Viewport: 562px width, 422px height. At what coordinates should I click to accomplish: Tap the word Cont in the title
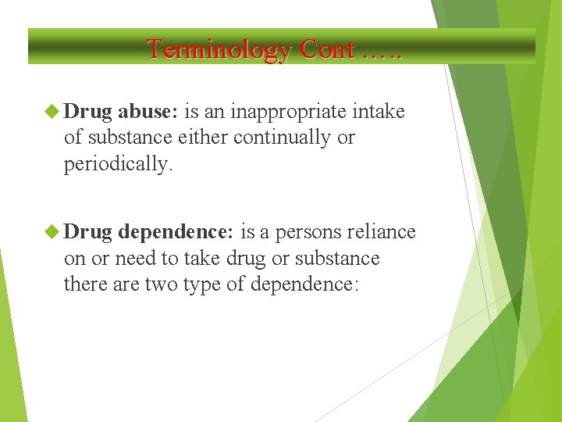click(x=327, y=49)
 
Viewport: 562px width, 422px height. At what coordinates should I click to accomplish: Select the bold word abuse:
click(x=148, y=112)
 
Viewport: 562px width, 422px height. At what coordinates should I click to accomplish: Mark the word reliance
click(x=382, y=232)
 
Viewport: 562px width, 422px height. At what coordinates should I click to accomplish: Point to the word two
click(x=161, y=284)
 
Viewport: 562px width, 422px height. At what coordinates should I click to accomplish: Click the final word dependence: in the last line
click(x=304, y=284)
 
